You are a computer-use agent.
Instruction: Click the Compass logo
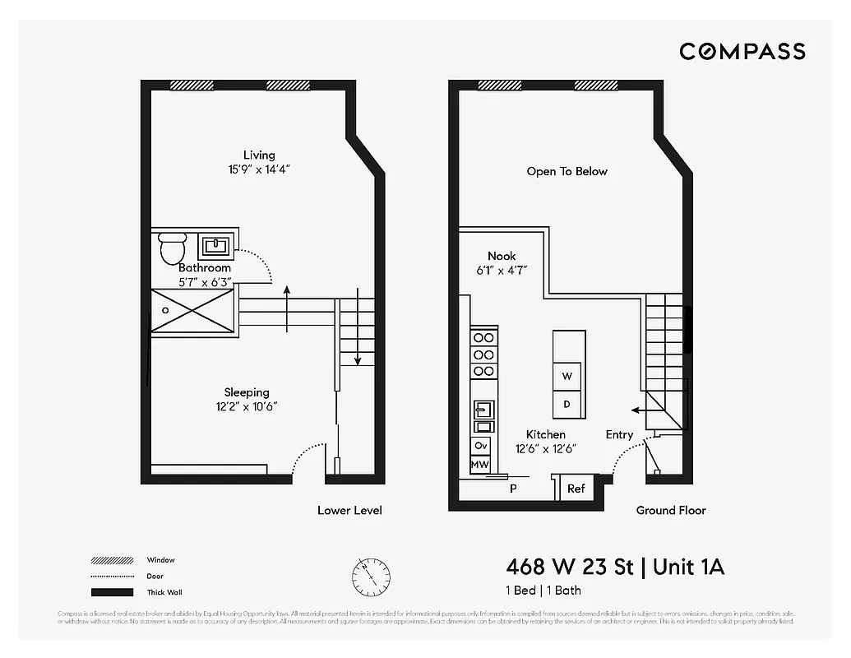coord(742,51)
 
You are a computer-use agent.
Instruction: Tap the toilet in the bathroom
coord(173,247)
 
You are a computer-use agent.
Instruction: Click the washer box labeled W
coord(567,376)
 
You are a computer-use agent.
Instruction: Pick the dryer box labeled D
coord(567,404)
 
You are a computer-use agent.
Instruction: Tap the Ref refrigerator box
coord(576,489)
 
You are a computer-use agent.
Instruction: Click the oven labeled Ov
coord(481,445)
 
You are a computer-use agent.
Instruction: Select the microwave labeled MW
coord(480,465)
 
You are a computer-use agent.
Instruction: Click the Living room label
coord(259,155)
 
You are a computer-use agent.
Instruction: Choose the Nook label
coord(502,256)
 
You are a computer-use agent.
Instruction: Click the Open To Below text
coord(567,171)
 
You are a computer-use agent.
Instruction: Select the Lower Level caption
coord(349,510)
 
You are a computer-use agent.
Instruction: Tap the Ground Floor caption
coord(671,510)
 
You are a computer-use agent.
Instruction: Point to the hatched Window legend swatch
coord(112,561)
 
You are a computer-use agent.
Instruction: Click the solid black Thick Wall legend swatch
coord(112,592)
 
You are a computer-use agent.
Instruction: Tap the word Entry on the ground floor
coord(619,434)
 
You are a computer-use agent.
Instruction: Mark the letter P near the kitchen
coord(513,488)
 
